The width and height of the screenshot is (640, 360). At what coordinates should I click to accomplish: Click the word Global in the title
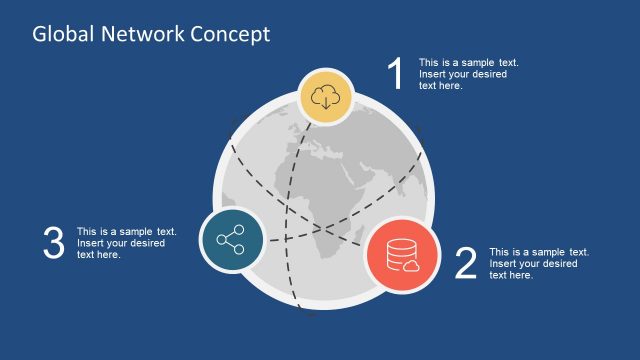click(60, 34)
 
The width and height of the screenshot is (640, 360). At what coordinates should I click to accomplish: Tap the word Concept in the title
click(230, 34)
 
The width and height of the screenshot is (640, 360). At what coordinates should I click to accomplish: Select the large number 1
click(396, 75)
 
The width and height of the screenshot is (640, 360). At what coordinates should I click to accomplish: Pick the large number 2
click(465, 263)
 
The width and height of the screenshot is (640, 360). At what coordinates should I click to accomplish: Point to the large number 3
click(54, 243)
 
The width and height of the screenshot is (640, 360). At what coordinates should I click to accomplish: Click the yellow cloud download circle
click(326, 98)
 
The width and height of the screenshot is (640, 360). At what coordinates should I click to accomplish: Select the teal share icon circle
click(231, 241)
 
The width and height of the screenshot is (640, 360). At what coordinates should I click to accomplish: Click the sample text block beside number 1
click(468, 74)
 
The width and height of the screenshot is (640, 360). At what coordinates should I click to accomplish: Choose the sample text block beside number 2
click(538, 263)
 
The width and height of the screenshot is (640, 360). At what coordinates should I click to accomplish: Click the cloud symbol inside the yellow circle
click(326, 96)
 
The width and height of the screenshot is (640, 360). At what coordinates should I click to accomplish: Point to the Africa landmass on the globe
click(330, 210)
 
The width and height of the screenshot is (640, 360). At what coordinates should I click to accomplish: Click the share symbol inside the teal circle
click(231, 241)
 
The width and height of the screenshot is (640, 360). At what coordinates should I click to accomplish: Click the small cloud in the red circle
click(408, 265)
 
